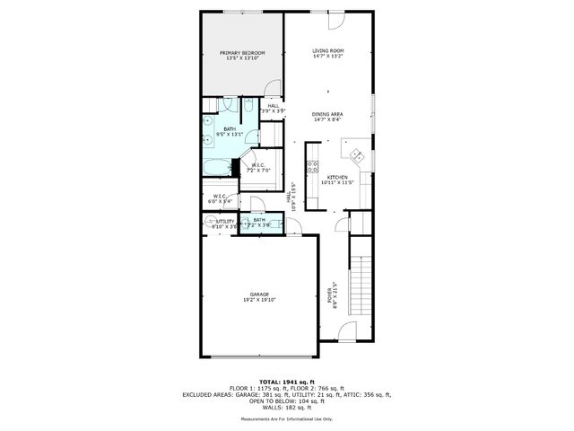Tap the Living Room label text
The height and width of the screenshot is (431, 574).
click(328, 54)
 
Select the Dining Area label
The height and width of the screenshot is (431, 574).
click(328, 117)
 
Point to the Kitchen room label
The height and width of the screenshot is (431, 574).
click(337, 180)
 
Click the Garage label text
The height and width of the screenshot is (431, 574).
click(259, 297)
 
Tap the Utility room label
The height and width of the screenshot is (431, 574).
click(224, 224)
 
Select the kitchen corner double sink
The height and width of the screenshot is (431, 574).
click(357, 154)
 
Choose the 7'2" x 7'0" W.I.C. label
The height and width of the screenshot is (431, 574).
click(257, 168)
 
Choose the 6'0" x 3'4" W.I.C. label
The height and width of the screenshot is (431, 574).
click(220, 198)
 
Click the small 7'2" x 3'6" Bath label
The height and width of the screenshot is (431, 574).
click(259, 222)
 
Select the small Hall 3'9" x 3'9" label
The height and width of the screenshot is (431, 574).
click(273, 109)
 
